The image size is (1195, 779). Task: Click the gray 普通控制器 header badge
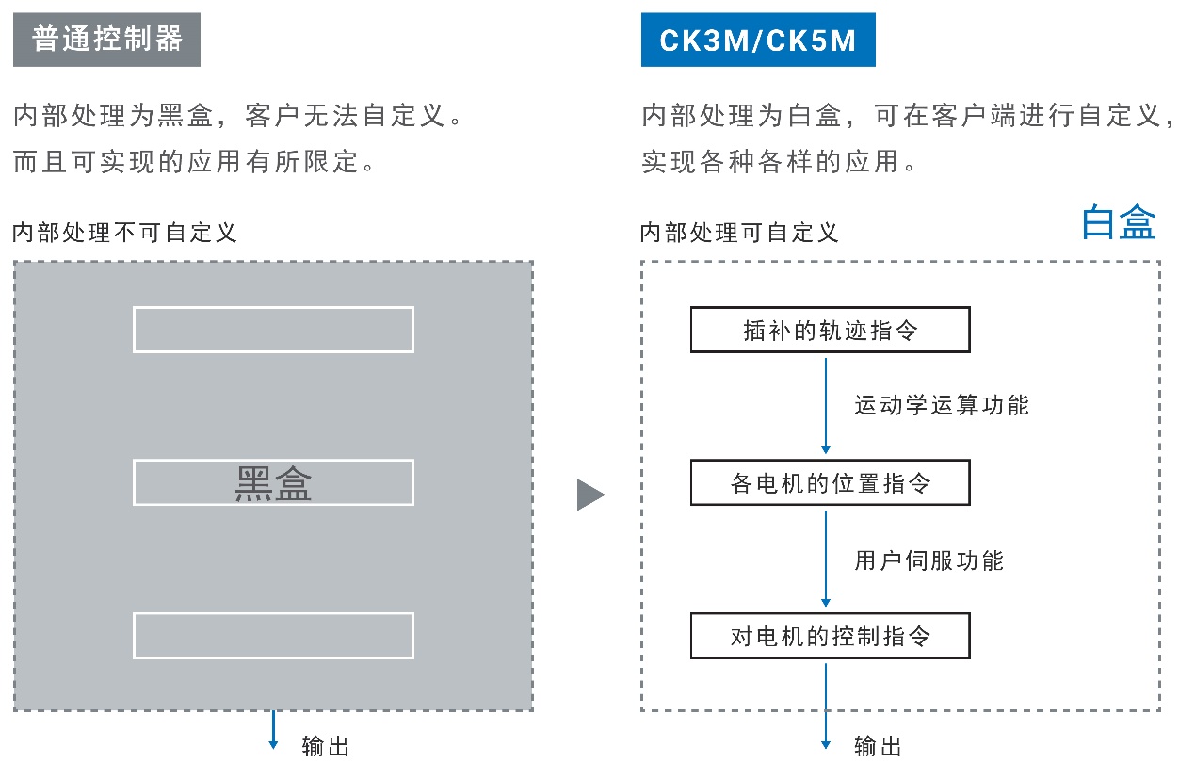point(106,41)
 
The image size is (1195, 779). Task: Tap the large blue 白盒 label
point(1119,222)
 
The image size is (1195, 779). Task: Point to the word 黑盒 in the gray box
point(273,482)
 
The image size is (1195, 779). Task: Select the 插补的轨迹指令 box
point(830,331)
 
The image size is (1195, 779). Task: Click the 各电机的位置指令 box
point(830,483)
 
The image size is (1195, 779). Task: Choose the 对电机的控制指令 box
point(830,636)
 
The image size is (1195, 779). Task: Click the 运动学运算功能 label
point(942,405)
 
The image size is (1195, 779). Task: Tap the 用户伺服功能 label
point(929,560)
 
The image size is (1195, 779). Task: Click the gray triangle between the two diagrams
point(589,494)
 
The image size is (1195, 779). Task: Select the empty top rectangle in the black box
point(273,330)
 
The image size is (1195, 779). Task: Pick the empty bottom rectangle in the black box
point(273,636)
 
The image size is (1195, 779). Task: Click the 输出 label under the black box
point(326,746)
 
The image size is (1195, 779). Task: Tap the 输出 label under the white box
point(878,746)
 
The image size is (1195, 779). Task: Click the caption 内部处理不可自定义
point(124,232)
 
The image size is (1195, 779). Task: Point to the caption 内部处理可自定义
point(738,232)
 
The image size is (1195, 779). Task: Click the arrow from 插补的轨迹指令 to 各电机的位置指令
point(826,405)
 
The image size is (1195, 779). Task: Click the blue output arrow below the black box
point(273,730)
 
